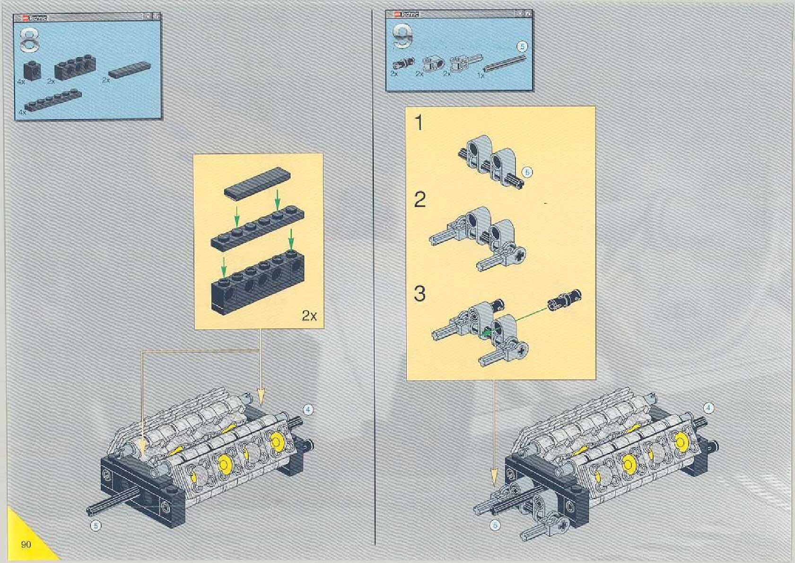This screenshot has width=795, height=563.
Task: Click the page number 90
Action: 26,545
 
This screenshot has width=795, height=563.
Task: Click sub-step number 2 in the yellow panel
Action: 420,200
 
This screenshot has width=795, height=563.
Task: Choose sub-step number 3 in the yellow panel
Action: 420,294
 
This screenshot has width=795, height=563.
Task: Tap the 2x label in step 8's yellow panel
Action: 309,316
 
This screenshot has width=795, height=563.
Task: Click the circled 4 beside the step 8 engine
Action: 308,409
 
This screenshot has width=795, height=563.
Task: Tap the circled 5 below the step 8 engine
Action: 96,525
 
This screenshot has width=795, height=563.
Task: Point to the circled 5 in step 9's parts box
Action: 522,46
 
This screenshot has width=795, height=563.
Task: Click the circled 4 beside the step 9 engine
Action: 708,407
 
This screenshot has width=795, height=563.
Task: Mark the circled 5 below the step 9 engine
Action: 495,525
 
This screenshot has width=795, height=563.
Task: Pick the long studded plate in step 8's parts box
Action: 54,100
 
